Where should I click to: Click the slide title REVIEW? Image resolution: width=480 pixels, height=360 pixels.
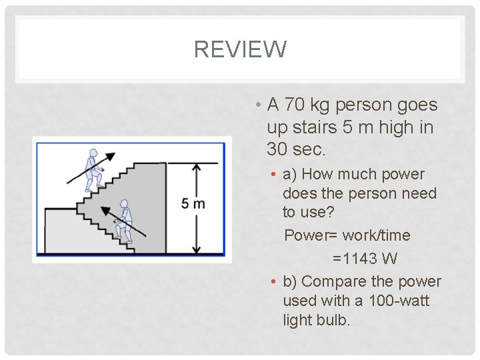240,49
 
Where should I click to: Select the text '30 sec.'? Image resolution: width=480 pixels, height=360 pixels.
296,149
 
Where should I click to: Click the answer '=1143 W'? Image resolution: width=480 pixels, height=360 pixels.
365,258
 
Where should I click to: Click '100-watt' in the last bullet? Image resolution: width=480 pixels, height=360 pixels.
398,301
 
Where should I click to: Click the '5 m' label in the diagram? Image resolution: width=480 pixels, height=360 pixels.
193,203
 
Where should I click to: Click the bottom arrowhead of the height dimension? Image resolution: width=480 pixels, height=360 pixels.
196,249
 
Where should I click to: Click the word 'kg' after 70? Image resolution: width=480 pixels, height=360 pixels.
321,105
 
